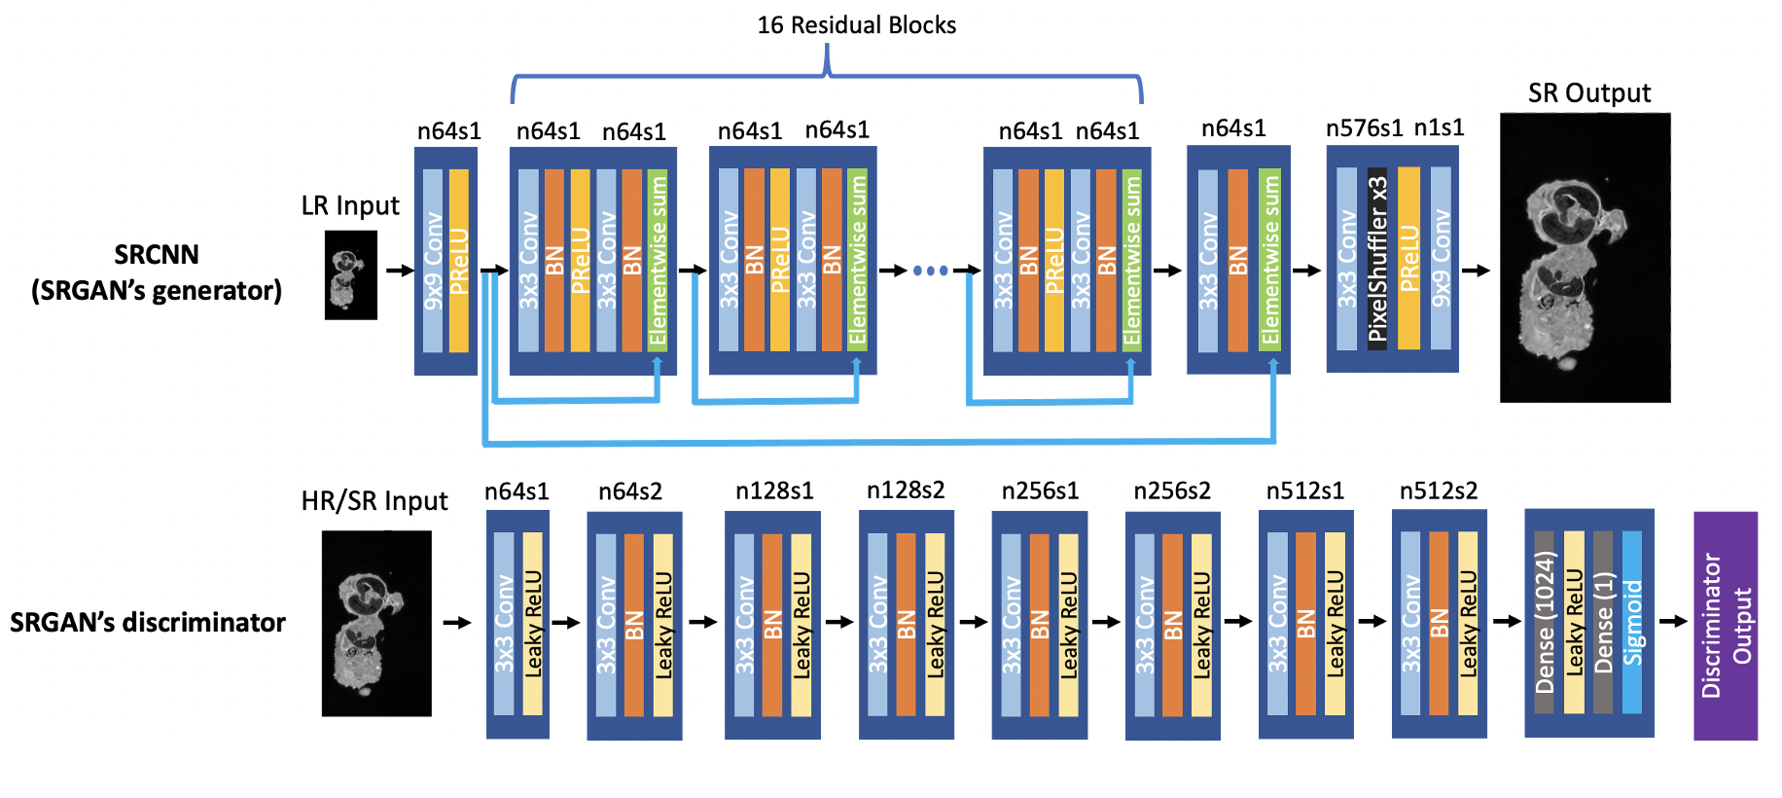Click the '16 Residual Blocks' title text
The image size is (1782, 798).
[x=856, y=25]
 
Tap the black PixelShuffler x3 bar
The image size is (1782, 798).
[x=1376, y=259]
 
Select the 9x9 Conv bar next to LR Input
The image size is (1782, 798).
[x=433, y=261]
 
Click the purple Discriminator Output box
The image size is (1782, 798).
[x=1726, y=626]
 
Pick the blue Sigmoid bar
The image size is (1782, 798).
[x=1632, y=623]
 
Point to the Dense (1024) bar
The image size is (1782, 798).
[x=1544, y=623]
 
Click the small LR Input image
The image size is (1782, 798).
[x=350, y=275]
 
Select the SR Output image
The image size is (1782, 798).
[x=1585, y=258]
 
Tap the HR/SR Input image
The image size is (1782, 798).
[x=376, y=623]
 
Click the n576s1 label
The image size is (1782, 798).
[x=1364, y=128]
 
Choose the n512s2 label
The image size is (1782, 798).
[x=1438, y=491]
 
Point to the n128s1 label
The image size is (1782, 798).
[x=774, y=491]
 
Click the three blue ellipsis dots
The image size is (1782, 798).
[x=930, y=271]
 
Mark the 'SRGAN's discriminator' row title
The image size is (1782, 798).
[x=148, y=623]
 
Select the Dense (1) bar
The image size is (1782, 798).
[x=1603, y=623]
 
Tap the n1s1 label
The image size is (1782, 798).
[x=1439, y=128]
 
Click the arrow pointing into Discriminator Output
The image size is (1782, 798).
[x=1673, y=621]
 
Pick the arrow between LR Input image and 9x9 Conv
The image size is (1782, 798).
[x=399, y=270]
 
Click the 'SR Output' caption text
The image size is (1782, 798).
[x=1589, y=93]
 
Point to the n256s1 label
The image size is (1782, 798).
[x=1040, y=491]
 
